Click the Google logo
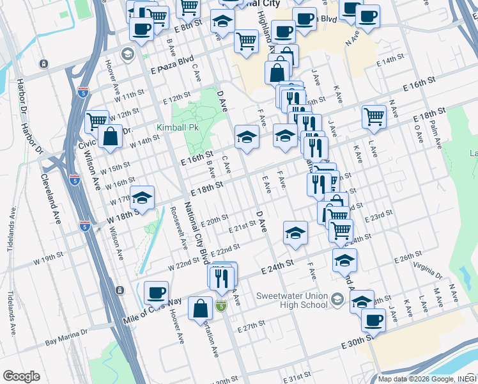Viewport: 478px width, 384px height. [x=21, y=376]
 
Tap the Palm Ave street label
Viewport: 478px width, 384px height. [x=436, y=132]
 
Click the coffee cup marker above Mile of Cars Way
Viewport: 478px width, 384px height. [x=156, y=293]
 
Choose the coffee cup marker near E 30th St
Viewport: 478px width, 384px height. [x=373, y=320]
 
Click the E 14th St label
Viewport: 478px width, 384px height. [x=391, y=60]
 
